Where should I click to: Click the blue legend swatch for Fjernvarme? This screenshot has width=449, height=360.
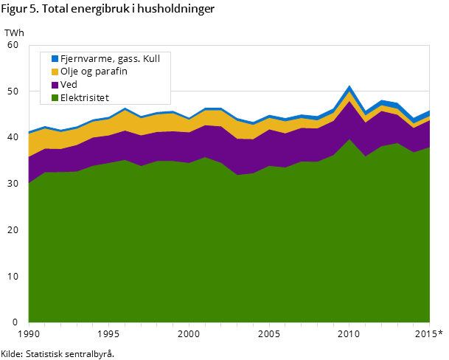(55, 58)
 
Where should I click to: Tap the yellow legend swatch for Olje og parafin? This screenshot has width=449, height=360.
(55, 72)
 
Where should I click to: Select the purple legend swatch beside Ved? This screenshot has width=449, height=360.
(55, 85)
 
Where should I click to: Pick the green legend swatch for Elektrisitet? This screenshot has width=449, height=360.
(55, 97)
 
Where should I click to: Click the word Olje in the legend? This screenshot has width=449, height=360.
(71, 72)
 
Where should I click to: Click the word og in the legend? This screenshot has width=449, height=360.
(89, 72)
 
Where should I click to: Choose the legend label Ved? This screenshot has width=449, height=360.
(69, 85)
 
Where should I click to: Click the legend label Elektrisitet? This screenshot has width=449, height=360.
(85, 97)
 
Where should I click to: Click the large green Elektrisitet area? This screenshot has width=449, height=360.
(221, 251)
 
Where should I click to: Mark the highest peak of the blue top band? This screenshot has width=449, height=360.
(349, 87)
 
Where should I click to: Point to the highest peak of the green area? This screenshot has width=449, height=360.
(349, 139)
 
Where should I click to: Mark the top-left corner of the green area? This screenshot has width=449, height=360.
(29, 183)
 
